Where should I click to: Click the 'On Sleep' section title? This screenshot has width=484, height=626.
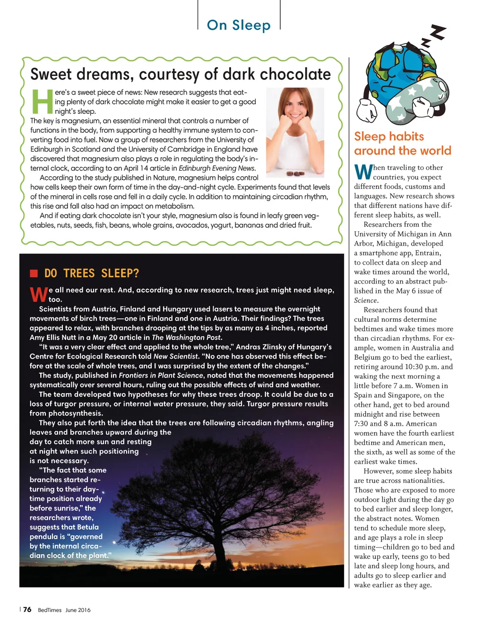[x=239, y=25]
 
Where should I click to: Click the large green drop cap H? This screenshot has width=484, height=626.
[x=42, y=102]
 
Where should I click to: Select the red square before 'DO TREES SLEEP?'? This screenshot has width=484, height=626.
[x=34, y=273]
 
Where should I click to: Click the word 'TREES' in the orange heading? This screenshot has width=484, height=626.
[x=79, y=274]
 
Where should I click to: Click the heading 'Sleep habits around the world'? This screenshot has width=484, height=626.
[x=402, y=144]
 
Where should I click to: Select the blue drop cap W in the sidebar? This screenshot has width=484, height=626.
[x=363, y=172]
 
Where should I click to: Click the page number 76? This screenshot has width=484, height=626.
[x=27, y=609]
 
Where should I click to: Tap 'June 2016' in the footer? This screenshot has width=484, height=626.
[x=78, y=610]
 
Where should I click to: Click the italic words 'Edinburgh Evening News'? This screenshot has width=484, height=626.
[x=217, y=168]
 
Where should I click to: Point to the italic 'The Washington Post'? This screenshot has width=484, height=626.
[x=186, y=337]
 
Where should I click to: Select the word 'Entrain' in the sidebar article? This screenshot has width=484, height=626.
[x=427, y=253]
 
